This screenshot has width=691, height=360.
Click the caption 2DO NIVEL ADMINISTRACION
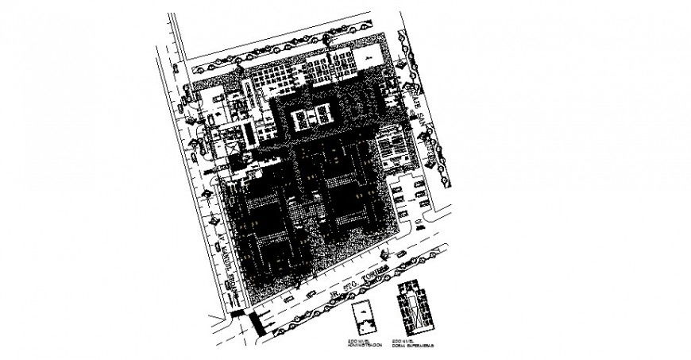click(365, 343)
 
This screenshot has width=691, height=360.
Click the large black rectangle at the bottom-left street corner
click(256, 322)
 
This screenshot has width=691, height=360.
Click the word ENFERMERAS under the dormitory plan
click(415, 345)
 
